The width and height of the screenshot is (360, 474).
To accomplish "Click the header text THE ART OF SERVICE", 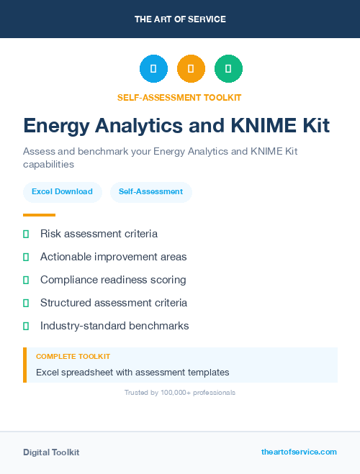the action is (x=180, y=19).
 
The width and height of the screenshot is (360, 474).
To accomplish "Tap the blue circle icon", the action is (x=153, y=69).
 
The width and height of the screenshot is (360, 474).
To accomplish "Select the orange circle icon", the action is (x=191, y=69).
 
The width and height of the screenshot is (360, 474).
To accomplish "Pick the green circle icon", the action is (x=228, y=69).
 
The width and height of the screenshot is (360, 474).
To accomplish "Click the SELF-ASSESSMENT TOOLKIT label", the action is (x=180, y=98).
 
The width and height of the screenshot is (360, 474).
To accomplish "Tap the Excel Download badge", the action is (x=62, y=192).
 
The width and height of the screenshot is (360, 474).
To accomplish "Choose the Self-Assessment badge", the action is (x=150, y=192).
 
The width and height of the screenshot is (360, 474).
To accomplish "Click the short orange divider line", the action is (x=39, y=215).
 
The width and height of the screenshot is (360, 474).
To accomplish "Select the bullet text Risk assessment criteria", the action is (x=99, y=234).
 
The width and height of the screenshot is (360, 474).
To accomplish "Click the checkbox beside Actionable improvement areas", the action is (x=26, y=257).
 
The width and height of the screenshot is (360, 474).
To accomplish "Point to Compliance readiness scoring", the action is (x=113, y=280).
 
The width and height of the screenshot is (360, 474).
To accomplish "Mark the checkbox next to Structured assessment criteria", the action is (x=26, y=303).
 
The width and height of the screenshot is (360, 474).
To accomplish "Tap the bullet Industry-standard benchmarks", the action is (x=114, y=326).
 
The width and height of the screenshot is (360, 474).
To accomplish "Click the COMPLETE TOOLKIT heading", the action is (x=73, y=357).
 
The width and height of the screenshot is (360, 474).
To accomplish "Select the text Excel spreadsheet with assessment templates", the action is (x=132, y=373).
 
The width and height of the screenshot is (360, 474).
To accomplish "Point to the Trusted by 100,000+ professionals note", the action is (x=180, y=393).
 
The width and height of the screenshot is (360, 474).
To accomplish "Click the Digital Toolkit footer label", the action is (x=51, y=452).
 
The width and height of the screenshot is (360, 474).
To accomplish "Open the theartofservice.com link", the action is (x=299, y=452).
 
